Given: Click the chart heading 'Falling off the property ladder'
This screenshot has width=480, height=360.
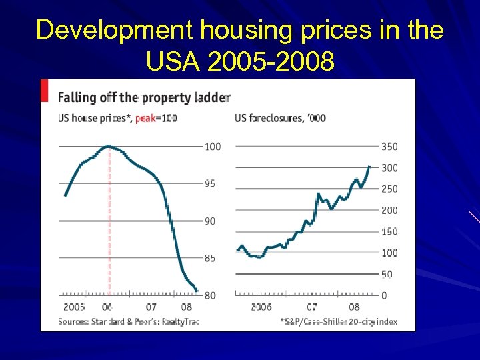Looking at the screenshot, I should [x=144, y=97].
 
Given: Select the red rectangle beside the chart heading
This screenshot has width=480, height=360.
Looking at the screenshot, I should [x=45, y=91].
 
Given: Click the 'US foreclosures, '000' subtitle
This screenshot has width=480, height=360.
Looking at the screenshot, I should [x=280, y=118].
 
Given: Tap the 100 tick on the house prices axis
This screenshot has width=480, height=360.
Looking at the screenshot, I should [x=212, y=146].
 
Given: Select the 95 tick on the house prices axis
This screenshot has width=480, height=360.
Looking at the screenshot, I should [x=209, y=183].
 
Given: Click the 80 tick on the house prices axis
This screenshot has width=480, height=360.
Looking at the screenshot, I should [x=209, y=295].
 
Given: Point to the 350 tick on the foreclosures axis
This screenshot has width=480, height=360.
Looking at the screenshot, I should [x=389, y=146].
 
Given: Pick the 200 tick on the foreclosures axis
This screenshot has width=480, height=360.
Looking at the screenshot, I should [x=389, y=210].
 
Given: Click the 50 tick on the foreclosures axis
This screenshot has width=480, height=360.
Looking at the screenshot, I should [x=386, y=274].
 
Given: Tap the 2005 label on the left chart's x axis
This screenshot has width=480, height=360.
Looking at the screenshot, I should [x=74, y=307].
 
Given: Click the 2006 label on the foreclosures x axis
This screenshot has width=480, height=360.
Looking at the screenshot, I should [x=261, y=307].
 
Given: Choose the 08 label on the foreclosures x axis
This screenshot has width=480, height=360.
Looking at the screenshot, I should [x=354, y=307].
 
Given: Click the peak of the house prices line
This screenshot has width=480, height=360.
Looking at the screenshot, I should [x=108, y=146].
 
